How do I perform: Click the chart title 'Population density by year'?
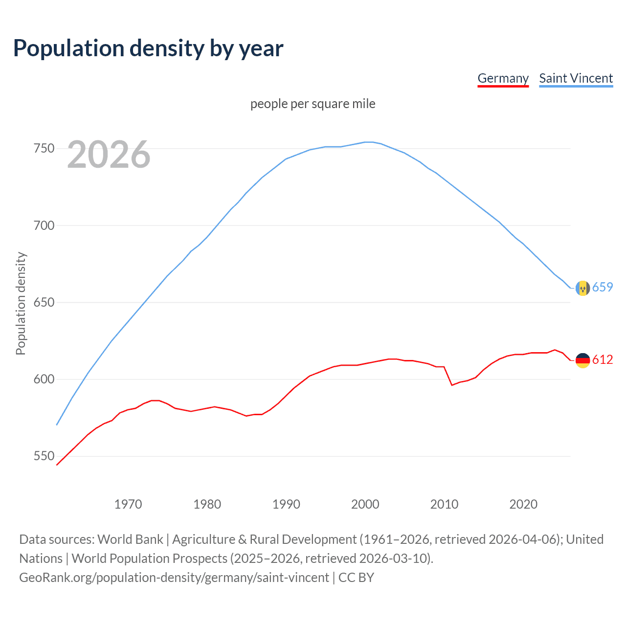click(148, 48)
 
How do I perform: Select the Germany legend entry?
click(503, 78)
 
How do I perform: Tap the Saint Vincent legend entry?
click(576, 78)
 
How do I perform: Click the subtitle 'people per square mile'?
click(313, 104)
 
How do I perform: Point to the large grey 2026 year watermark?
click(109, 155)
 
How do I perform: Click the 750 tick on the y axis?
click(44, 148)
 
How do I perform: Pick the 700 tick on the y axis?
click(44, 225)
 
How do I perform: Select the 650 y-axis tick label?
click(44, 302)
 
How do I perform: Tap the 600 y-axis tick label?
click(44, 379)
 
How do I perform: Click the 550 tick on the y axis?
click(44, 456)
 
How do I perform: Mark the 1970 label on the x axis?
click(128, 504)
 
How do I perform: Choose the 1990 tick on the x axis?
click(286, 504)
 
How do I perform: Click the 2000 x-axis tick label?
click(365, 504)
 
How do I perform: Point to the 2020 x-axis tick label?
click(523, 504)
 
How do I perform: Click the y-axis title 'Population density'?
click(21, 303)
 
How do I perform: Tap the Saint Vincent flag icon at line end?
click(582, 289)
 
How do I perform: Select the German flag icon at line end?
click(582, 360)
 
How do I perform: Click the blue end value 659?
click(603, 288)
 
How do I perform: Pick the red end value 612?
click(603, 360)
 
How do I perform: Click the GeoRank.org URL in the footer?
click(174, 578)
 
